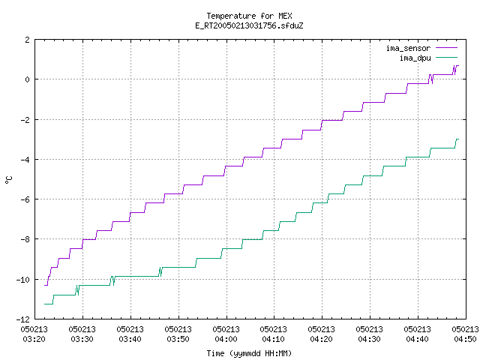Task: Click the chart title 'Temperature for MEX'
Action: (249, 16)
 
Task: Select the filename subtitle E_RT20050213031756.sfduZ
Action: (249, 25)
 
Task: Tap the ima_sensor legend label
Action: (408, 48)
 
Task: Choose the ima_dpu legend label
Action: (415, 58)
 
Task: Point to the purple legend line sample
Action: (446, 48)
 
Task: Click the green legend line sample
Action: (446, 57)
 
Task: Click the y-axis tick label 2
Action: (28, 40)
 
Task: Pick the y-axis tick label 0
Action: (28, 79)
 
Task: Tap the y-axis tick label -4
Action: (25, 160)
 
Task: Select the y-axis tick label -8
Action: (25, 239)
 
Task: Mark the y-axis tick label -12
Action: (23, 319)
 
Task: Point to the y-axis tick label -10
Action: (23, 280)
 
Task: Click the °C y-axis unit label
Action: (9, 180)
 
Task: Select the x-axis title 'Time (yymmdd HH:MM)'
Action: (249, 353)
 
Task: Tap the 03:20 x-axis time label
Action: (34, 339)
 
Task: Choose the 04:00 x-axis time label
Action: (226, 339)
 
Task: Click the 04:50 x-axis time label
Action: (465, 339)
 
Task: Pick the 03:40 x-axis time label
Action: (130, 339)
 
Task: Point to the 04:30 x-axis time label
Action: (369, 339)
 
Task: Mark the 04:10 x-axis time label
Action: (273, 339)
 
